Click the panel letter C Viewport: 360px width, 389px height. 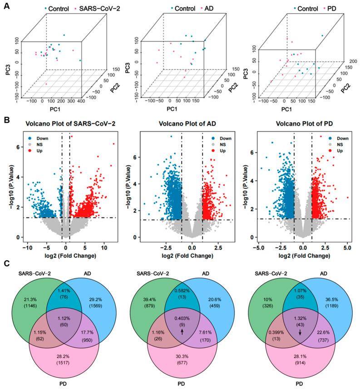5,262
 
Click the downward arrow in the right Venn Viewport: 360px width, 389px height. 300,346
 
